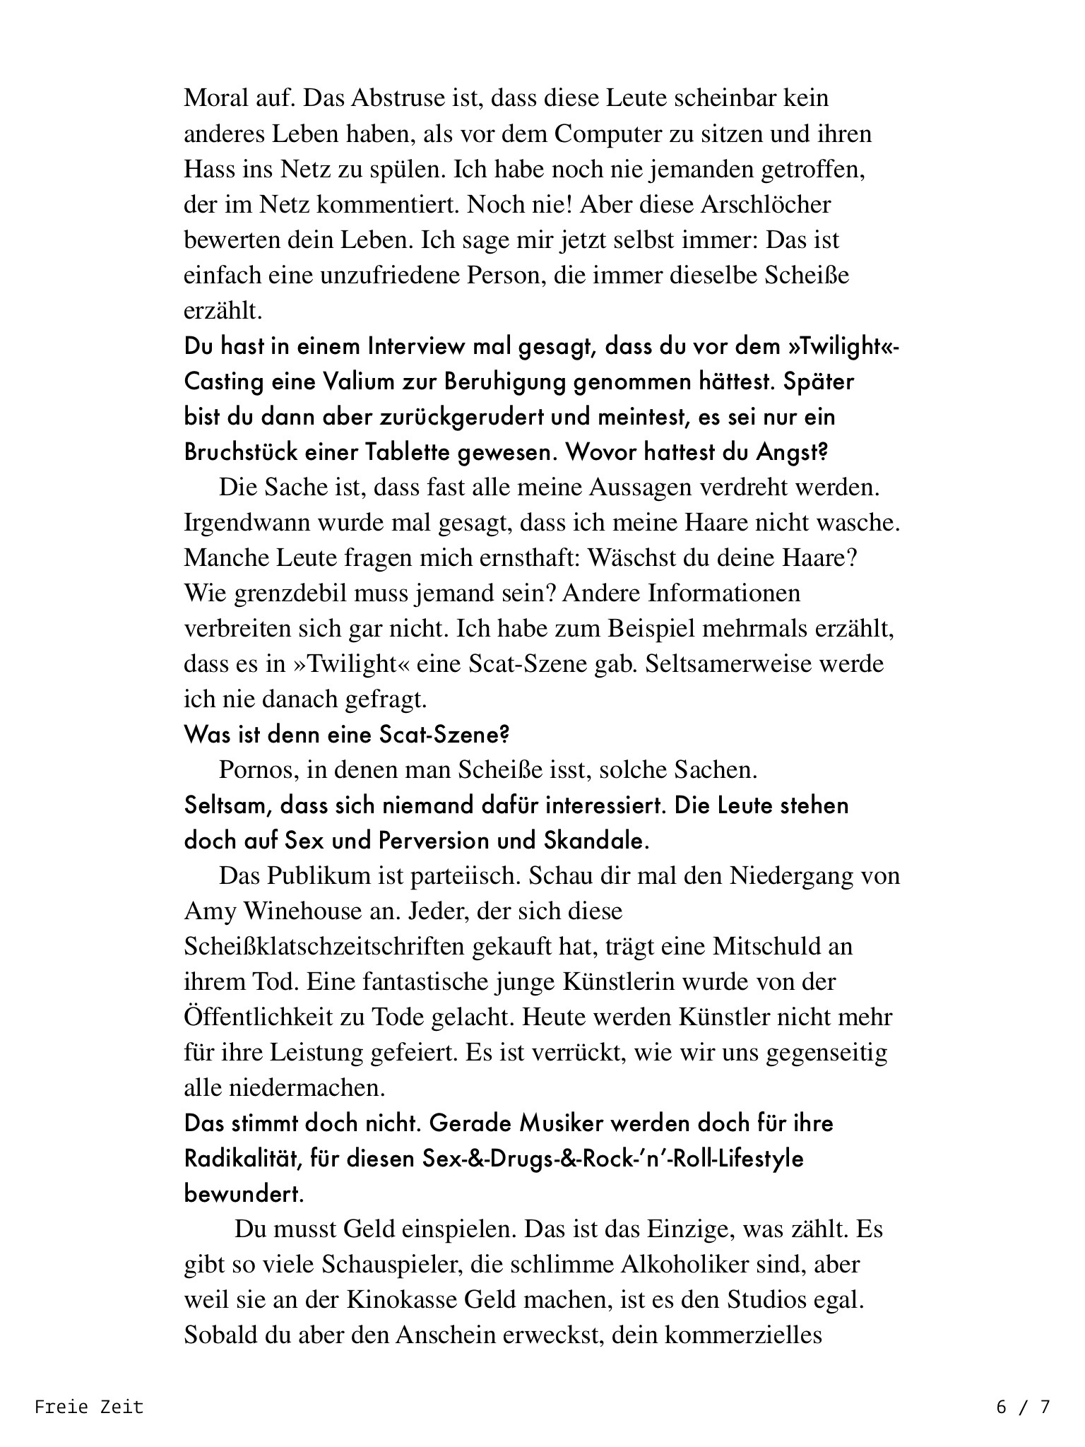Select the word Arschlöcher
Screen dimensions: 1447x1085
click(766, 204)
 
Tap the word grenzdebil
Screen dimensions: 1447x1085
click(265, 593)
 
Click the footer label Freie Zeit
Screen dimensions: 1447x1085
click(89, 1407)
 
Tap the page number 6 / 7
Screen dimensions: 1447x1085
click(1023, 1407)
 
